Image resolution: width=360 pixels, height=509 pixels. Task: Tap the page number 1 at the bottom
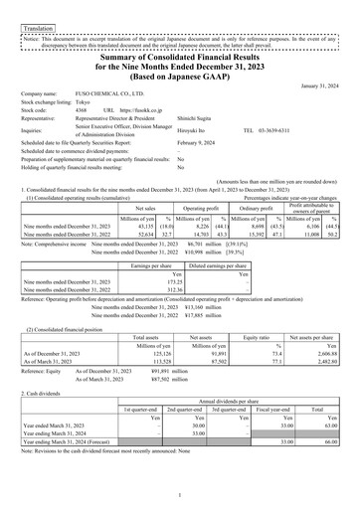(180, 495)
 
